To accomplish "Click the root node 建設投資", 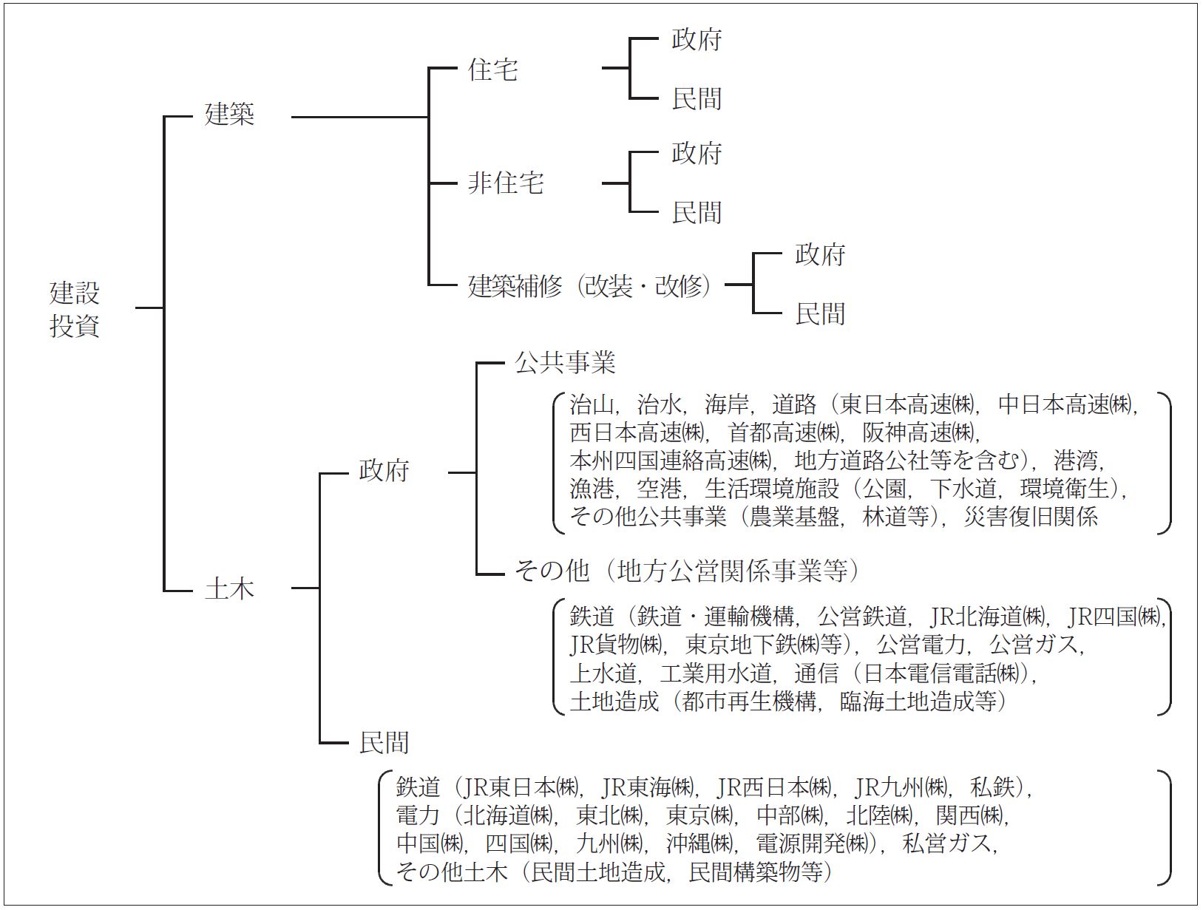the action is [75, 309].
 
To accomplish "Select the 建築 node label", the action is [230, 115].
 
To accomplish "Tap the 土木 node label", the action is [230, 589].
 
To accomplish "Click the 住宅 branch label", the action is [493, 69].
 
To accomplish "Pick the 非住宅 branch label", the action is [505, 183].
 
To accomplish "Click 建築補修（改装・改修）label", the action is [590, 286].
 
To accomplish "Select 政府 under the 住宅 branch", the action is [697, 39].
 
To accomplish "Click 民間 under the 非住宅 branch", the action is [697, 212].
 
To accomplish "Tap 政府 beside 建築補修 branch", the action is [820, 255].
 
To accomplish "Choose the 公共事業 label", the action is [565, 363].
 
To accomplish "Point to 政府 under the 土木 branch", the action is [384, 471].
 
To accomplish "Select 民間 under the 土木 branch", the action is [384, 743].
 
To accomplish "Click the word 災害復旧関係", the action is [1031, 517].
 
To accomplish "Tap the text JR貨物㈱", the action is [616, 645].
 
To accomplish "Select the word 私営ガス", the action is [948, 843].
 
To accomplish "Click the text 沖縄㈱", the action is [699, 843].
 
